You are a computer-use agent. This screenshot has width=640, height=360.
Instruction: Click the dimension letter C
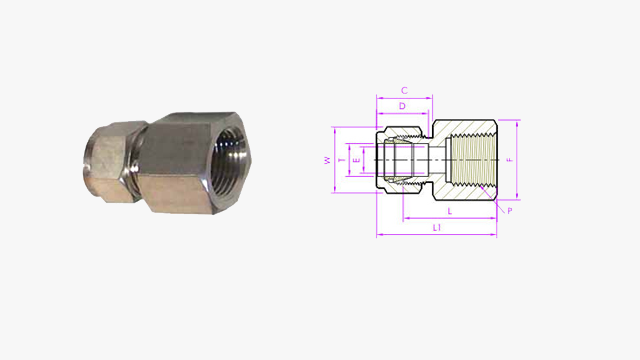click(x=404, y=90)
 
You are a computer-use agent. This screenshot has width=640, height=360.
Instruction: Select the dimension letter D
click(x=402, y=106)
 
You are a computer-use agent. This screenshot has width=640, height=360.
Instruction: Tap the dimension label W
click(x=327, y=160)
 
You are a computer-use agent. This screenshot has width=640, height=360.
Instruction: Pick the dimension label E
click(x=357, y=160)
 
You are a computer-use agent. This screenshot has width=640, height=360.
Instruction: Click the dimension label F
click(x=508, y=160)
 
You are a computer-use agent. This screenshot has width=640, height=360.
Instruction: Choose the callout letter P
click(x=509, y=211)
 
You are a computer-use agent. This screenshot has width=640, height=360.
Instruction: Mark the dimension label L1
click(x=437, y=228)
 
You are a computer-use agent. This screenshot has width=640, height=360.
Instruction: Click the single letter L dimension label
click(x=450, y=211)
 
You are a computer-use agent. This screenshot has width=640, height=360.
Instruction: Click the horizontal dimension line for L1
click(x=411, y=236)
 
